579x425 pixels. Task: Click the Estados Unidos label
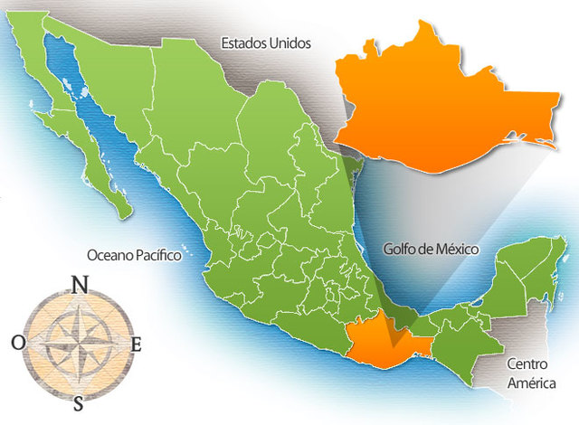[x=266, y=42]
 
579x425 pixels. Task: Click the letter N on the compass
[x=80, y=285]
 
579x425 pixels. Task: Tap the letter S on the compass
[x=79, y=402]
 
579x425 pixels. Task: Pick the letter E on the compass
[x=137, y=344]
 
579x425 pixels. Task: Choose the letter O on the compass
[x=19, y=343]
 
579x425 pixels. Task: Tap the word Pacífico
[x=159, y=256]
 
